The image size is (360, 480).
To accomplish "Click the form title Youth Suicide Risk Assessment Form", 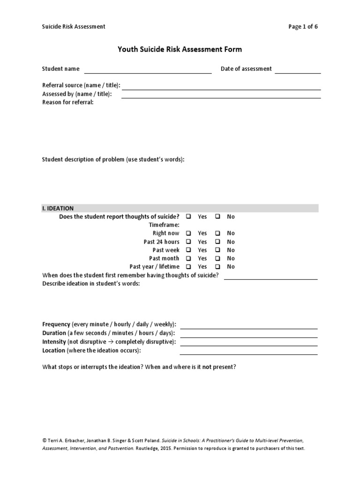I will (180, 49).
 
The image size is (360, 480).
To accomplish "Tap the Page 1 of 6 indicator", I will (303, 27).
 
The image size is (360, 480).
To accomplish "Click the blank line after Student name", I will (148, 72).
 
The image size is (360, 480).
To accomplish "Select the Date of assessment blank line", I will (298, 72).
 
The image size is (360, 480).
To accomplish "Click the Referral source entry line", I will (221, 89).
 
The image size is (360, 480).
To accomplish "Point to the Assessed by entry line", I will (221, 97).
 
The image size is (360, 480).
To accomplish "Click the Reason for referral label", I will (68, 103).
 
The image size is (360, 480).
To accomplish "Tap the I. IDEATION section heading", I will (58, 208).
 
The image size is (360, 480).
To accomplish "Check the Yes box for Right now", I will (188, 233).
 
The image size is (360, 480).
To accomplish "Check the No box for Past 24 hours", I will (218, 242).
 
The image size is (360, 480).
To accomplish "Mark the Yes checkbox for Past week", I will (188, 250).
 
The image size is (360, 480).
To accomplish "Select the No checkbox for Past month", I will (218, 259).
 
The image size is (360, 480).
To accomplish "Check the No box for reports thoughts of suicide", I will (218, 217).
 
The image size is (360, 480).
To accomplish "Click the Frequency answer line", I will (248, 328).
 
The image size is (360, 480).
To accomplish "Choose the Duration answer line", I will (248, 336).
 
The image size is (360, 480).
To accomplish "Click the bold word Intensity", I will (54, 342).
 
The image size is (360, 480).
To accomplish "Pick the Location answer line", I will (248, 353).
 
